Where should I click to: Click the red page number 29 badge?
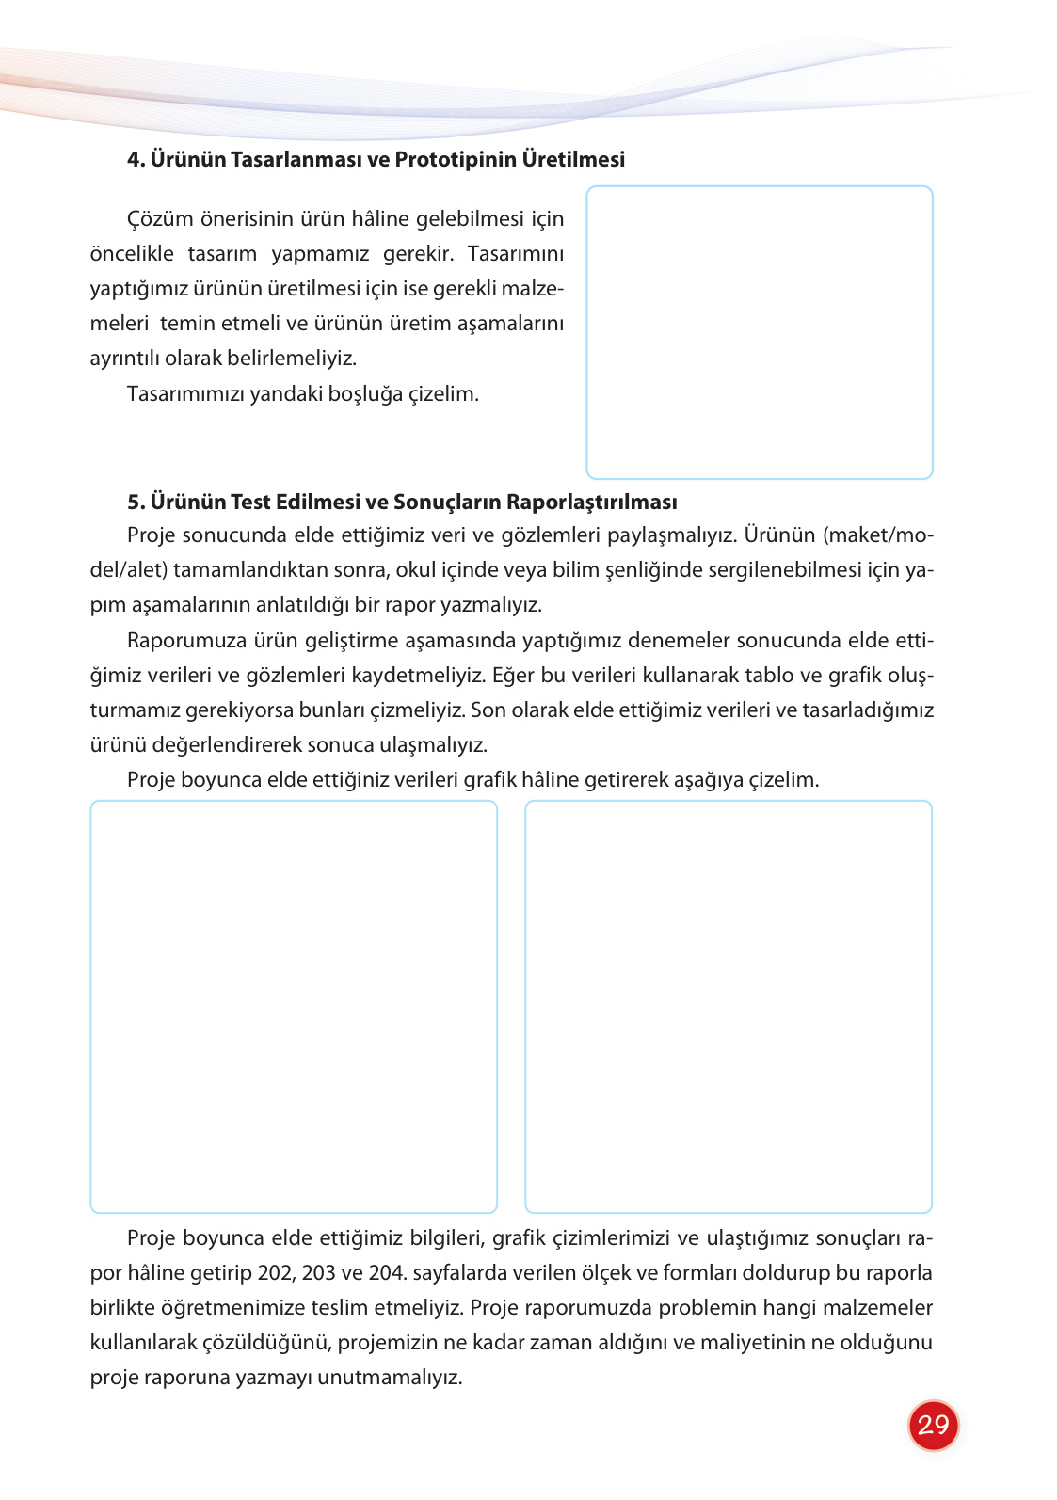[933, 1425]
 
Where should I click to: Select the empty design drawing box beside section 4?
[759, 332]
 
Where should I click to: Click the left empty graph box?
[293, 1006]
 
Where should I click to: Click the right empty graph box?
[728, 1006]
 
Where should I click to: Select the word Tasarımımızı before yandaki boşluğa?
[185, 393]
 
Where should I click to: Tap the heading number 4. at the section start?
[136, 159]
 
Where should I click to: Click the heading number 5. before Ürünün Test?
[136, 502]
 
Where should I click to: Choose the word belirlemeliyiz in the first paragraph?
[292, 359]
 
